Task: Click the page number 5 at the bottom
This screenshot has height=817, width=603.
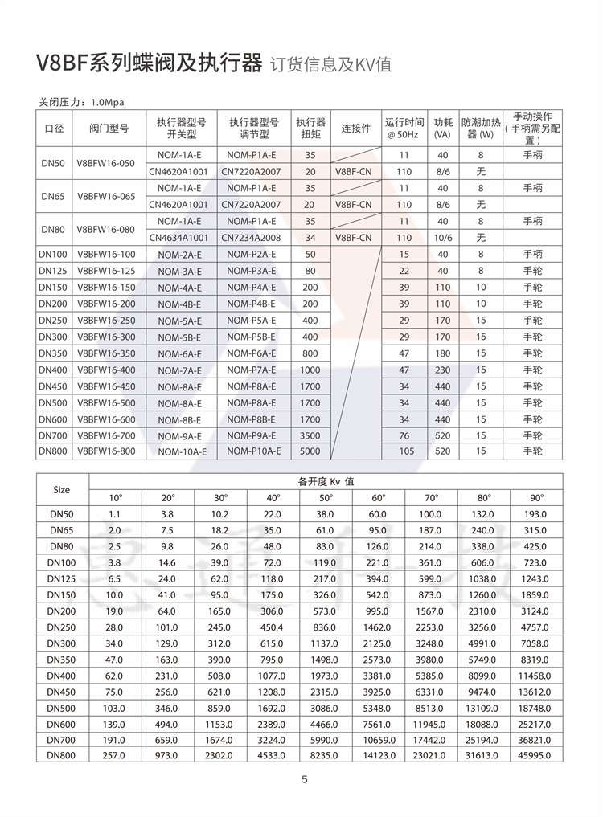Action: tap(305, 779)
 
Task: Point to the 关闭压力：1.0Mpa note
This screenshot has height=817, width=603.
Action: tap(82, 103)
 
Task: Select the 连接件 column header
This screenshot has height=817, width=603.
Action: tap(355, 129)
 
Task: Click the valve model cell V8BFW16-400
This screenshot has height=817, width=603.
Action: tap(106, 370)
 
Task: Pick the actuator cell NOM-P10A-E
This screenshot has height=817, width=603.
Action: tap(253, 451)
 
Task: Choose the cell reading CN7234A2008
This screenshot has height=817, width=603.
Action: tap(251, 238)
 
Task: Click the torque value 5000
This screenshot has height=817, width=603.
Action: tap(310, 451)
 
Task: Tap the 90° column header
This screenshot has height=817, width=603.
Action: tap(536, 497)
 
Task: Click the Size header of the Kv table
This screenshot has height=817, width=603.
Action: tap(62, 489)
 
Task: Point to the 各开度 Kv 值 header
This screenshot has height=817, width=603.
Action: tap(326, 481)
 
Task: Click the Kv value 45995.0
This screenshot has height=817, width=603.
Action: tap(536, 755)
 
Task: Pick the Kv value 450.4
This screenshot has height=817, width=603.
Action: tap(273, 627)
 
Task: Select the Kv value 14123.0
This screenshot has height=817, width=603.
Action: tap(379, 755)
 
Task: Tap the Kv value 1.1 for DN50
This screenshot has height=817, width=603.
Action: tap(114, 513)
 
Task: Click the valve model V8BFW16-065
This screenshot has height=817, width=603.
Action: tap(106, 196)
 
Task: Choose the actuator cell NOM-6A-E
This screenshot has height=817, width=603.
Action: tap(180, 354)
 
